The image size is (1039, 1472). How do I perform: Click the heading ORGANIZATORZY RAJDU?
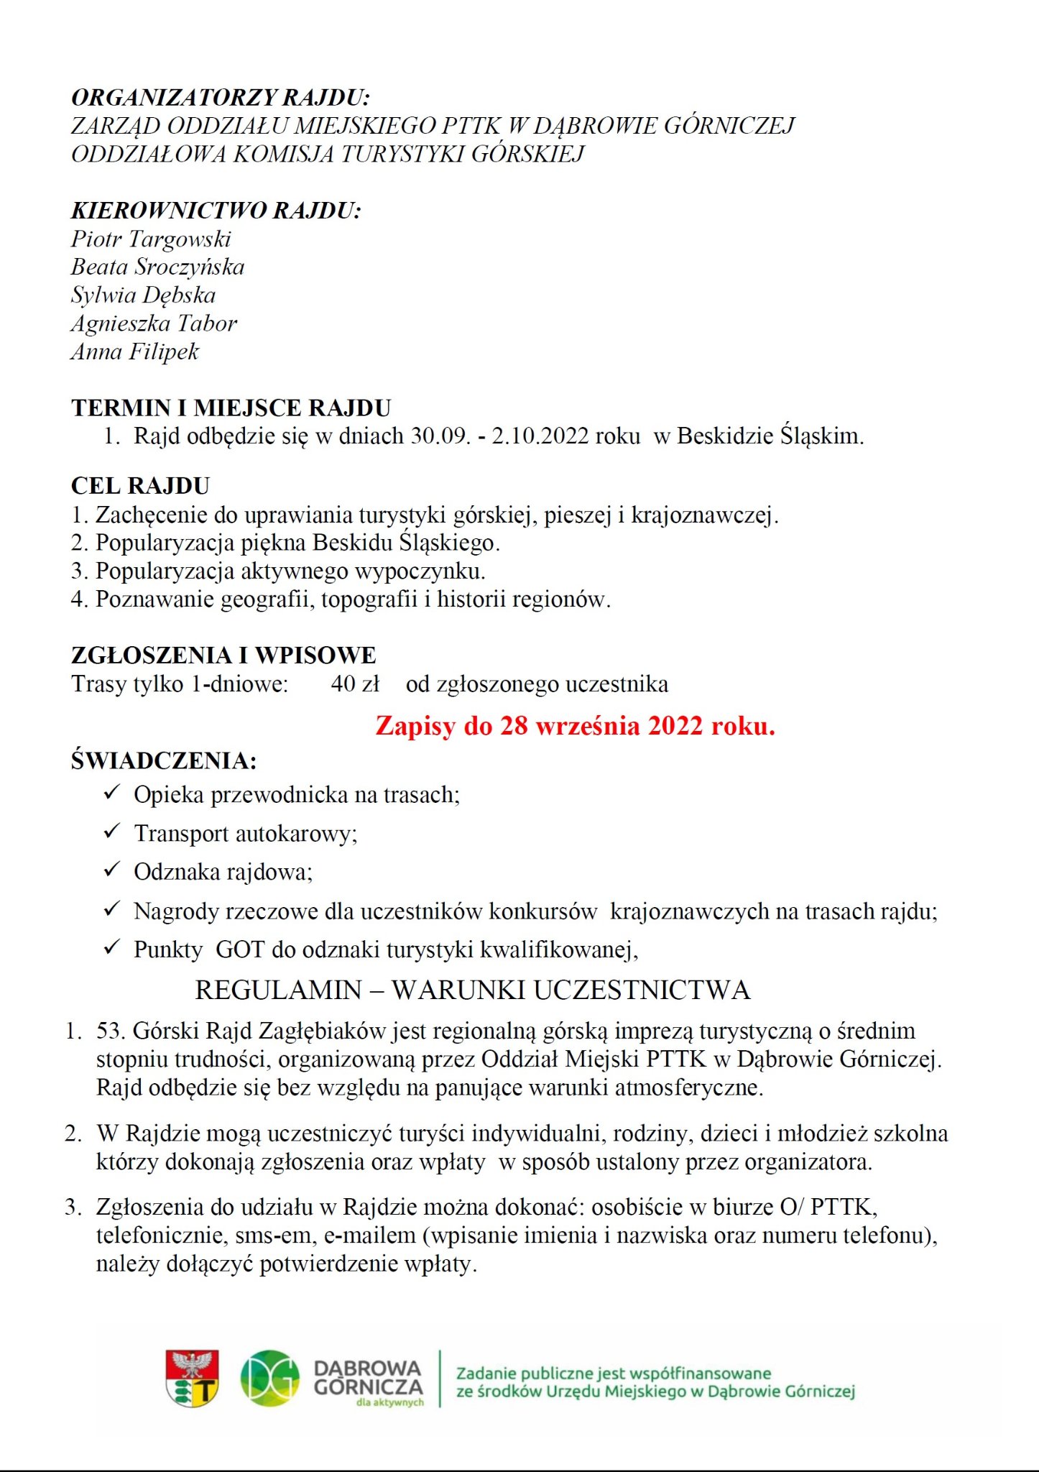[220, 97]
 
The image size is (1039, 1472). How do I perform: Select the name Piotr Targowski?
[151, 239]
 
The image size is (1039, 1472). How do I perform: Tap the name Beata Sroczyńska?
[157, 267]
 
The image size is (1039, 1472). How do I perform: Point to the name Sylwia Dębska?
[143, 295]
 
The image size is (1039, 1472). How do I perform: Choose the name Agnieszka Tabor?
[154, 323]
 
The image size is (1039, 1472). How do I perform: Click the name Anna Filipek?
[135, 351]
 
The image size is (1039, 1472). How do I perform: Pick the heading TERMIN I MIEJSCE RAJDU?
[231, 408]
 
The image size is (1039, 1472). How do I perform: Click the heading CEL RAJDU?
[140, 486]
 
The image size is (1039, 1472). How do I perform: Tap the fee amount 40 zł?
[355, 684]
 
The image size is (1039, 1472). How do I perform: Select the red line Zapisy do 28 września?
[575, 725]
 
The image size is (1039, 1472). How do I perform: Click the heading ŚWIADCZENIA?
[164, 760]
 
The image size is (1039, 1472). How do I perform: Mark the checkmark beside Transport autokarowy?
[111, 832]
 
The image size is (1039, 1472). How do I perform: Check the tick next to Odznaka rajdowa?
[111, 870]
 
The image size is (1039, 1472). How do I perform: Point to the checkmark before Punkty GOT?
[111, 948]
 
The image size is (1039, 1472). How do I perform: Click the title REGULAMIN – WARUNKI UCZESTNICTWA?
[472, 990]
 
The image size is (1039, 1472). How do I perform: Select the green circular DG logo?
[269, 1378]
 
